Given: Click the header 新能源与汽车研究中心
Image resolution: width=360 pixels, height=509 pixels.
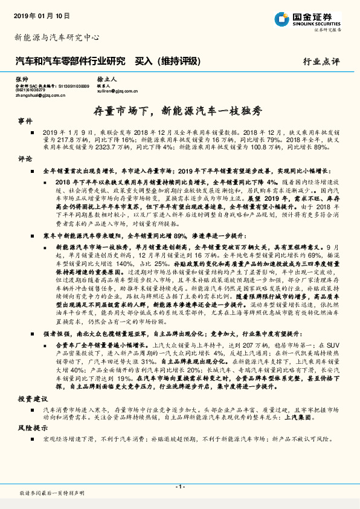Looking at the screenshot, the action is (x=57, y=37).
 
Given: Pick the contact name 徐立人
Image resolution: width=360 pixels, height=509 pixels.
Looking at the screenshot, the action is (x=106, y=79).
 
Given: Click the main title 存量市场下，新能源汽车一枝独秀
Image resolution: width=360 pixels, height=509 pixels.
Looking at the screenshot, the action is (x=179, y=110).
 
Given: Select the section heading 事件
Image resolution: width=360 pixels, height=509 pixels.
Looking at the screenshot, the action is (x=25, y=121).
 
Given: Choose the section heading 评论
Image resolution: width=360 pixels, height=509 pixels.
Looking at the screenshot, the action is (x=25, y=160).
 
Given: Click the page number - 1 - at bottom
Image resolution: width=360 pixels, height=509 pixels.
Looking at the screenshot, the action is (x=179, y=486).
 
